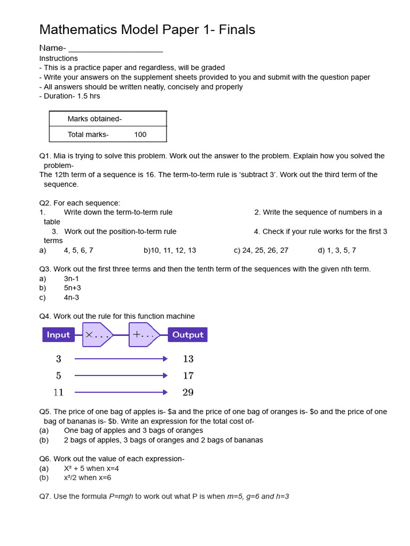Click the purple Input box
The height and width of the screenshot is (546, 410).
coord(58,335)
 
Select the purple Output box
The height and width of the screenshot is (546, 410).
coord(187,335)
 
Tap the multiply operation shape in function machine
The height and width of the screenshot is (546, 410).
coord(97,335)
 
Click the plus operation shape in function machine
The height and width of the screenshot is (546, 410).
coord(144,335)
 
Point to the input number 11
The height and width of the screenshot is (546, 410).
coord(58,392)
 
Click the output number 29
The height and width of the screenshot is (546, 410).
coord(188,392)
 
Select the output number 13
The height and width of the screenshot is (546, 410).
coord(188,359)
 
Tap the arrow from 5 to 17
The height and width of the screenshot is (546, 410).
coord(121,376)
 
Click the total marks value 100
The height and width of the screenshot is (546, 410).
coord(140,135)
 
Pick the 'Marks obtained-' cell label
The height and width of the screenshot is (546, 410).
coord(94,119)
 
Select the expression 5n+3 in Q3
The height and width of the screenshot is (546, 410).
coord(73,288)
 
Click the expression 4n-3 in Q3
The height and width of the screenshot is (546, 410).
coord(72,298)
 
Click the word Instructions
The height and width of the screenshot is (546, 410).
coord(59,59)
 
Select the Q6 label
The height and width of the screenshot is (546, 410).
coord(45,459)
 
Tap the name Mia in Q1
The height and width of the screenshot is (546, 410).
coord(60,156)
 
